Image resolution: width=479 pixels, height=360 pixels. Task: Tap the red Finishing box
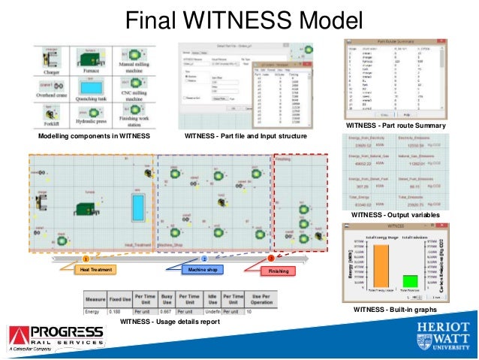(x=279, y=271)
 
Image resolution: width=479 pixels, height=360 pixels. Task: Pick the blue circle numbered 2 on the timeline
(x=203, y=259)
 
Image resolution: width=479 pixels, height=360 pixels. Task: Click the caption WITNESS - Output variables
(x=395, y=215)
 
